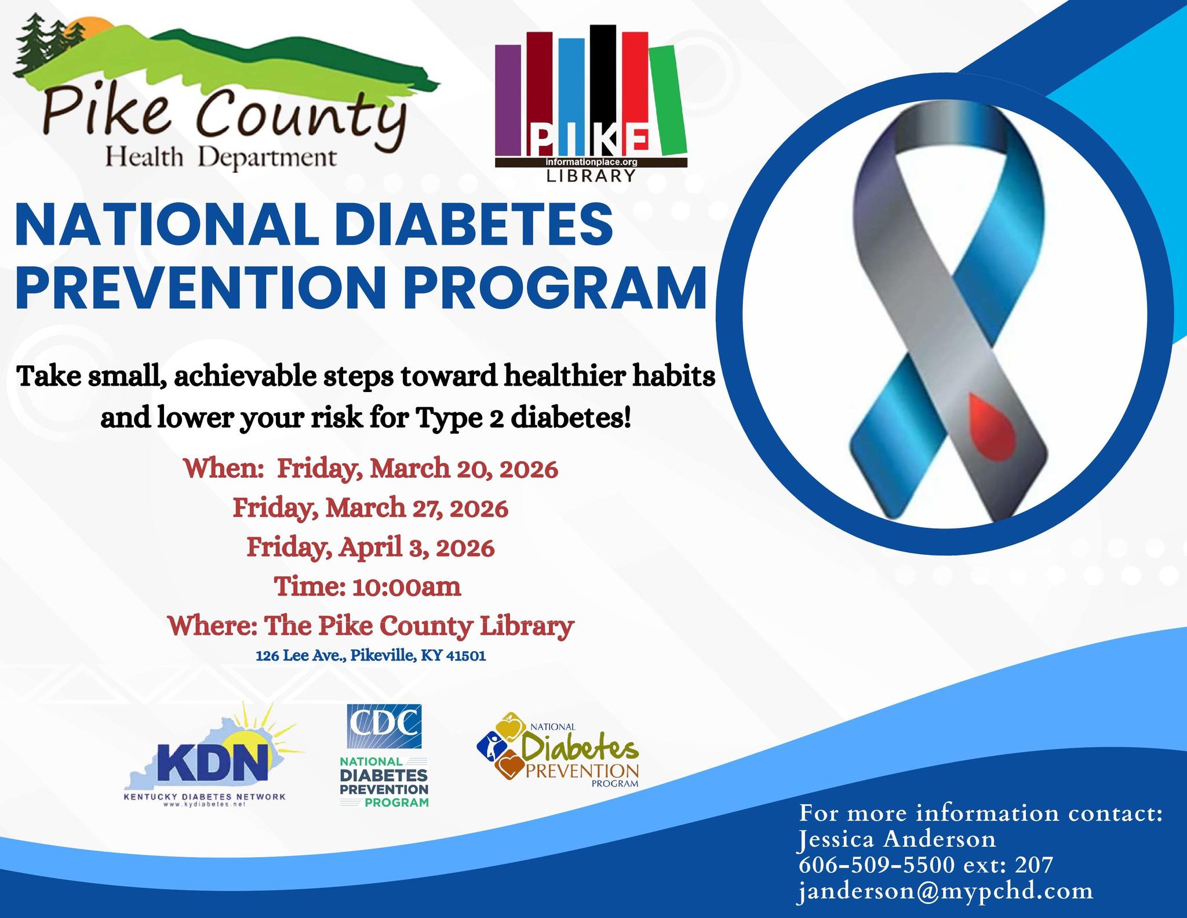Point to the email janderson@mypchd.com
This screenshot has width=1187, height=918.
tap(945, 891)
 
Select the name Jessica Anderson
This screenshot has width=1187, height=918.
tap(897, 839)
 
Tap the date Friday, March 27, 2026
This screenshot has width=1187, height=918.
tap(371, 509)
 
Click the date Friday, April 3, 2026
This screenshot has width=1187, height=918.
tap(371, 547)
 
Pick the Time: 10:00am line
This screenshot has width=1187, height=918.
tap(368, 586)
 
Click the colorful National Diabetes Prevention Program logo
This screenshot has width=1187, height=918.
tap(558, 749)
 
